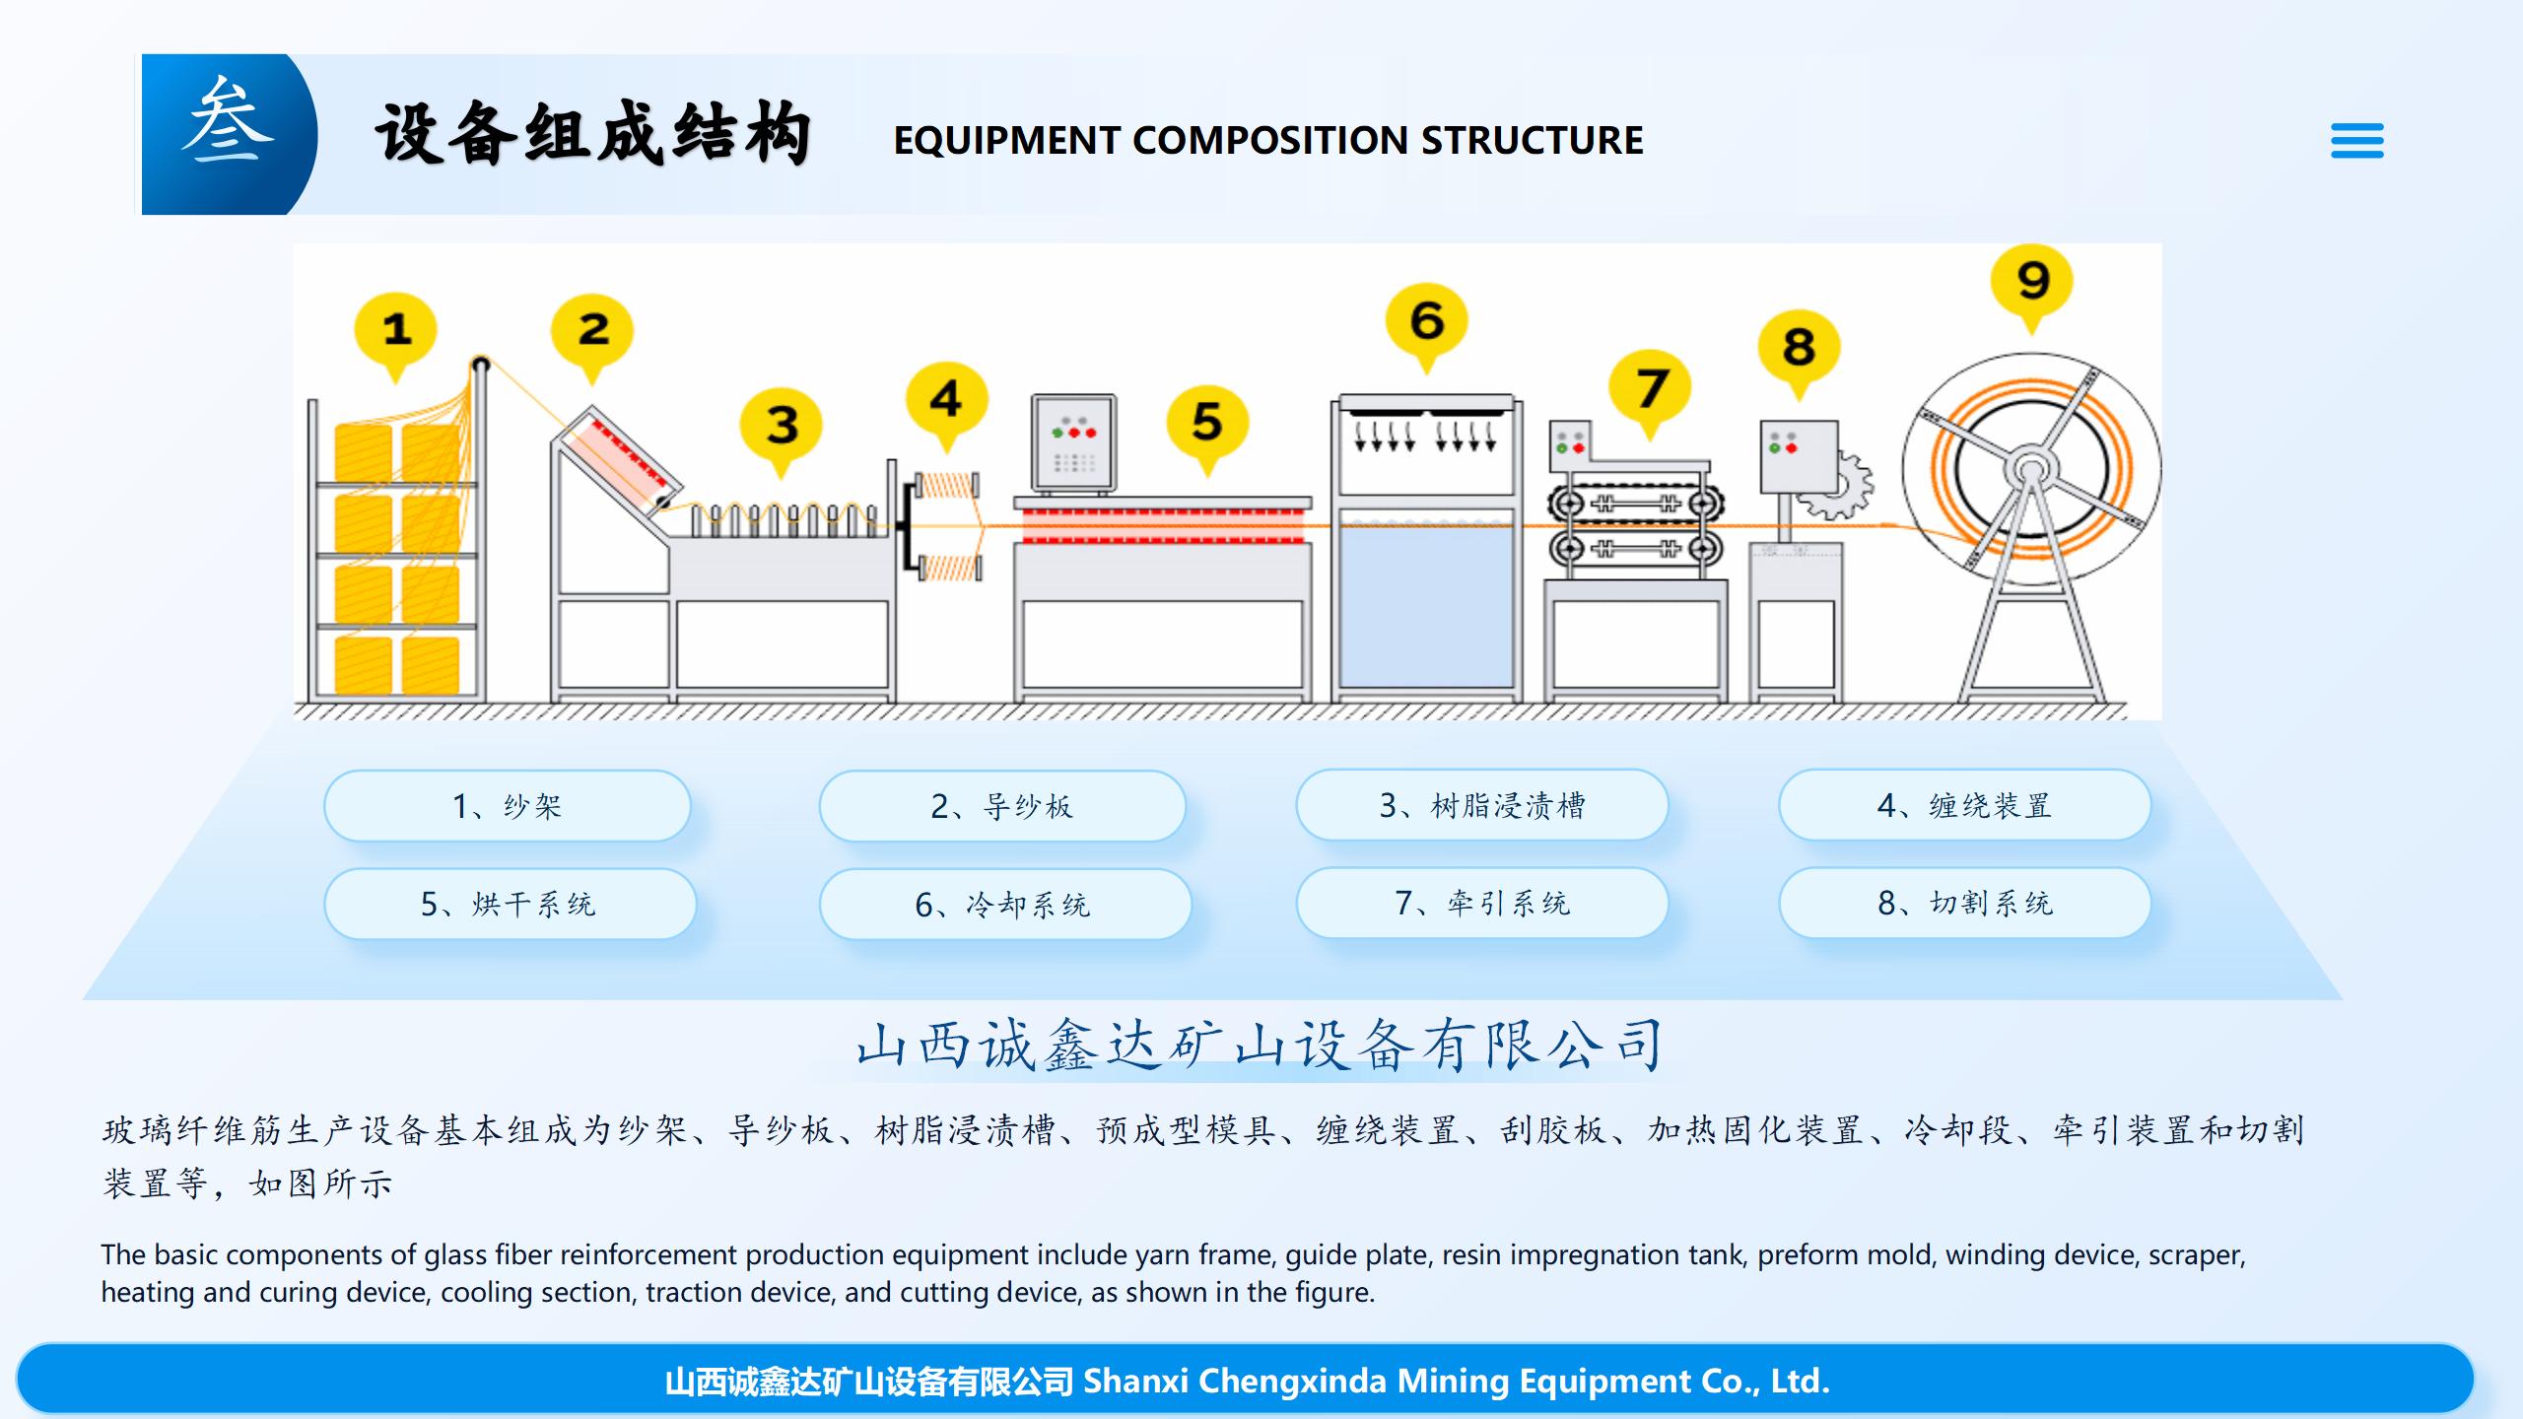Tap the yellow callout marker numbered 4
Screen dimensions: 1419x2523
click(x=946, y=399)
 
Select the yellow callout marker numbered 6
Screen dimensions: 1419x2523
click(x=1426, y=321)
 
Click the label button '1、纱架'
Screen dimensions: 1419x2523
click(x=507, y=806)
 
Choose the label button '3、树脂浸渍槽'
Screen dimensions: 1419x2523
click(x=1481, y=805)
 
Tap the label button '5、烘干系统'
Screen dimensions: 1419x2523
click(x=509, y=904)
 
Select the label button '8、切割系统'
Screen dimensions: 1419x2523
click(x=1964, y=903)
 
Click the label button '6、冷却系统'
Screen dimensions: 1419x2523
click(x=1003, y=905)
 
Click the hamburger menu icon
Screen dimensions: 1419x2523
click(x=2356, y=141)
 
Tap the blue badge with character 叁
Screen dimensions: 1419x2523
click(x=228, y=133)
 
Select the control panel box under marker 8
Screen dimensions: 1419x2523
click(x=1799, y=456)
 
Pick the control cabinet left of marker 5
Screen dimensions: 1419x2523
click(x=1073, y=442)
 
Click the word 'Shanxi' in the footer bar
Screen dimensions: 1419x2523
click(x=1135, y=1382)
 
